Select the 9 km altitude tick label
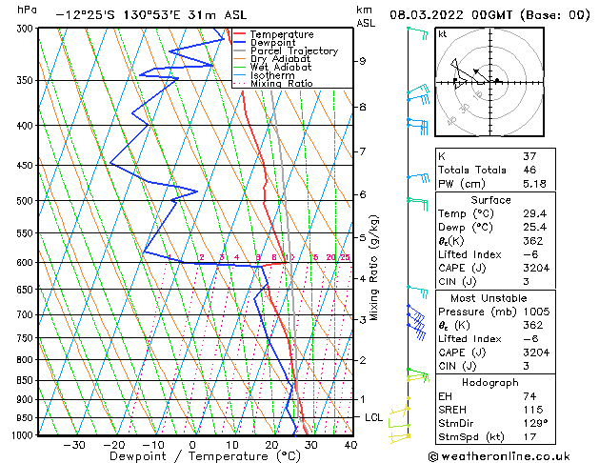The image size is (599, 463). (362, 61)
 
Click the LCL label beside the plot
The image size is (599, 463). (374, 417)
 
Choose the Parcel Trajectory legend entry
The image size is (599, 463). (294, 51)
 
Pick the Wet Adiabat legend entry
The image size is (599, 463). (280, 68)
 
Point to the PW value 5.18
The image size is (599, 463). (534, 185)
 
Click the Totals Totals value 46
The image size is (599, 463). (529, 170)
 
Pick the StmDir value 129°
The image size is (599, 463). (533, 424)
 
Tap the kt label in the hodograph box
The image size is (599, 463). (443, 34)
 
